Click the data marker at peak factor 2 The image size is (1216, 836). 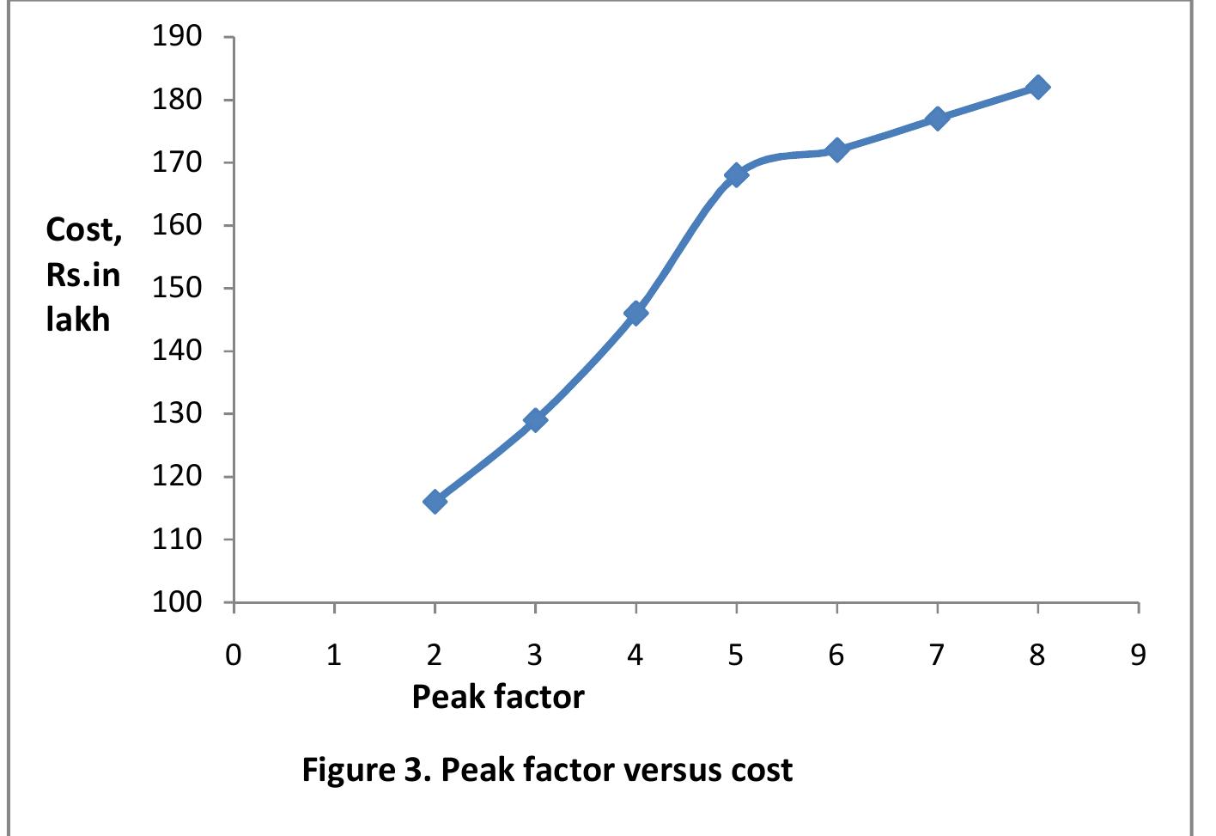(435, 501)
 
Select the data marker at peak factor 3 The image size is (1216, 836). (535, 419)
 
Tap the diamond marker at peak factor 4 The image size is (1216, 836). (635, 313)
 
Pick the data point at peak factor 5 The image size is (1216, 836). (736, 174)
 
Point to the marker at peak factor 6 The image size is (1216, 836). (836, 150)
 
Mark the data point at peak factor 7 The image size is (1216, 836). (937, 118)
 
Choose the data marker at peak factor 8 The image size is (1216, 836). (1037, 87)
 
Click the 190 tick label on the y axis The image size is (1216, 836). (177, 37)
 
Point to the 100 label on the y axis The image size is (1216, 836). (177, 603)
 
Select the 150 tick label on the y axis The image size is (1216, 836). (177, 289)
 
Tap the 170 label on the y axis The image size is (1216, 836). (177, 162)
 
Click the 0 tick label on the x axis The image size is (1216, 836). (234, 656)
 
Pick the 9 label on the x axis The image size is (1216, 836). (1138, 656)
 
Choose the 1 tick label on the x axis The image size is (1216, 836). (334, 656)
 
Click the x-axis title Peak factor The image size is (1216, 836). (498, 696)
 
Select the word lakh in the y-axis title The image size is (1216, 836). (78, 320)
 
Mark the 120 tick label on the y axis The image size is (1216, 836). (177, 477)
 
